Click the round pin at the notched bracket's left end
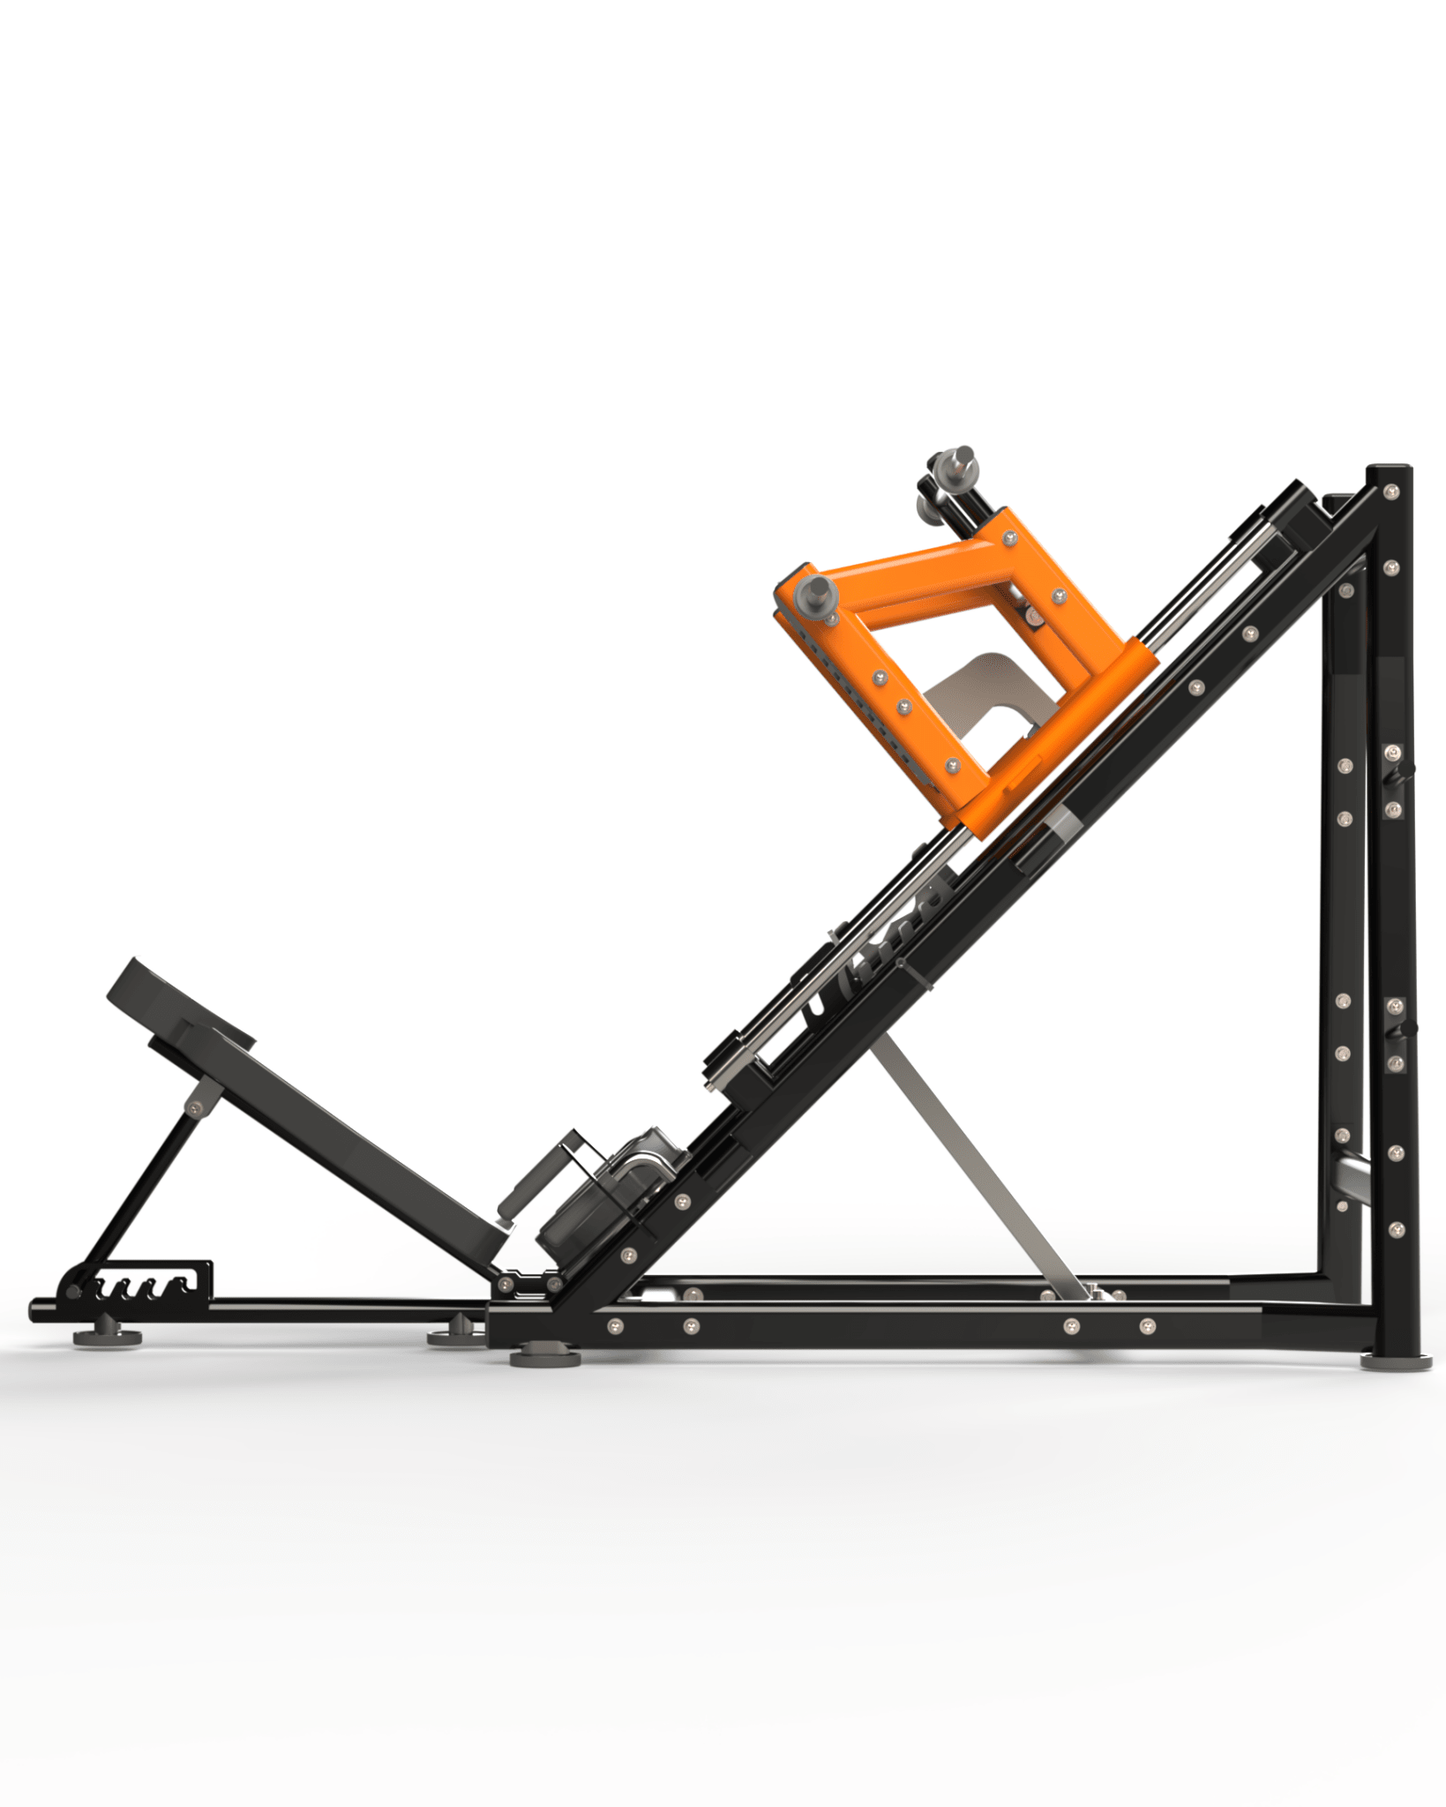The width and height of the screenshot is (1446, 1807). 73,1293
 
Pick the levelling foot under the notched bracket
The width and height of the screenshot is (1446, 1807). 108,1335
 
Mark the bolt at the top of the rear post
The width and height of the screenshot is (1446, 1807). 1391,490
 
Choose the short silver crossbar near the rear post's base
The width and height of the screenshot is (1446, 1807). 1351,1174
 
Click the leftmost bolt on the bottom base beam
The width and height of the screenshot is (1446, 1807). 615,1324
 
